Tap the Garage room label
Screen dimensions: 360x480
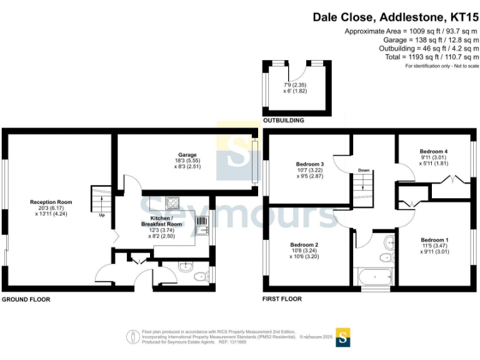pyautogui.click(x=187, y=155)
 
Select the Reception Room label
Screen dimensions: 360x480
pyautogui.click(x=51, y=202)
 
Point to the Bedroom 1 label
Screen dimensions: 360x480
pyautogui.click(x=434, y=240)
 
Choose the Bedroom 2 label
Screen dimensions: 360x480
pyautogui.click(x=304, y=244)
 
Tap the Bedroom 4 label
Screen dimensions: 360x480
pyautogui.click(x=433, y=151)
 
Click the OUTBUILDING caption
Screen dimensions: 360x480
pyautogui.click(x=282, y=120)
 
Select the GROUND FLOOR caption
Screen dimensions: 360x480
pyautogui.click(x=26, y=299)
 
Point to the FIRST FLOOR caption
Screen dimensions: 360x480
pyautogui.click(x=282, y=299)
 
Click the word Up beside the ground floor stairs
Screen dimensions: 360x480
pyautogui.click(x=101, y=216)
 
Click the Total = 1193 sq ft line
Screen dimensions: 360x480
pyautogui.click(x=432, y=57)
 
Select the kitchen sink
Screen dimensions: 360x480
pyautogui.click(x=202, y=230)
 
